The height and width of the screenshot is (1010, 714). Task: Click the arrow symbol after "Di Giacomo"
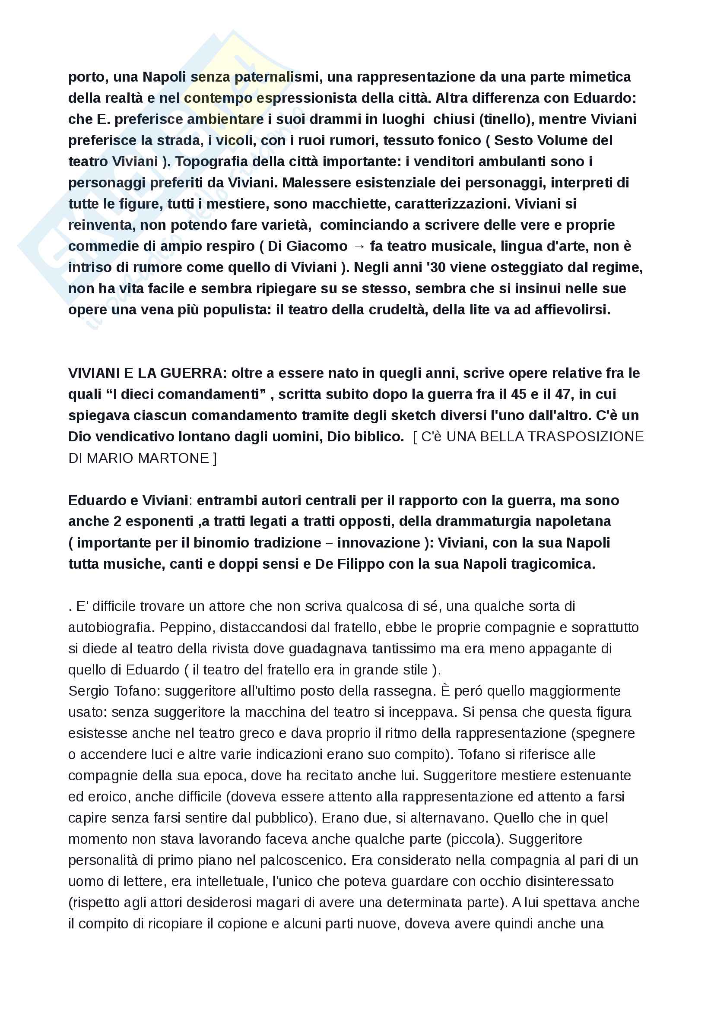click(x=359, y=246)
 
